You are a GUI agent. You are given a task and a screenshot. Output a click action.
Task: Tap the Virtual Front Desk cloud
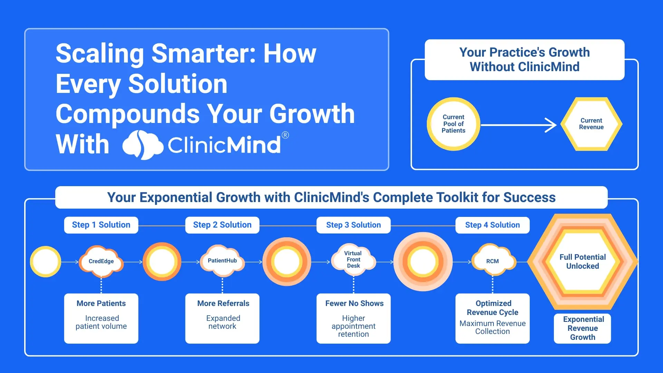[x=354, y=259]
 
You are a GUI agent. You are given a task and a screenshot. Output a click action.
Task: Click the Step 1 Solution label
[x=101, y=225]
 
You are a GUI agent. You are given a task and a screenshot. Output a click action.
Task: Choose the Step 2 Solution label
[x=222, y=225]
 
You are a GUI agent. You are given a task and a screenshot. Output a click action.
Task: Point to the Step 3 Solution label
[x=354, y=225]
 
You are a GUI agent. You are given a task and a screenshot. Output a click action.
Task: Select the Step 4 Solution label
[x=492, y=225]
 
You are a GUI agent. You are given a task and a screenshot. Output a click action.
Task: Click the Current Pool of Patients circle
[x=453, y=124]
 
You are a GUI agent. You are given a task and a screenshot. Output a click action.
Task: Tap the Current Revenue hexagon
[x=591, y=124]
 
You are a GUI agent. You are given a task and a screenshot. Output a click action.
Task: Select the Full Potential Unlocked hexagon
[x=583, y=261]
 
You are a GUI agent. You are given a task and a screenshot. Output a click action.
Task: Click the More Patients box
[x=101, y=318]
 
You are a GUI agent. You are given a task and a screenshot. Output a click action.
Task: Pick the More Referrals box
[x=222, y=318]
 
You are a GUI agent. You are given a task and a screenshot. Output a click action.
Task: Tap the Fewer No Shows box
[x=354, y=318]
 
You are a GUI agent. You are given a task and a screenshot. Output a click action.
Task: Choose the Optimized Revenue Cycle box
[x=492, y=318]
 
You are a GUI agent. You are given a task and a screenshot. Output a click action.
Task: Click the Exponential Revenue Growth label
[x=583, y=328]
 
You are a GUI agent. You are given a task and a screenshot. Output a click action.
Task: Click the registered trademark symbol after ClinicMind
[x=285, y=135]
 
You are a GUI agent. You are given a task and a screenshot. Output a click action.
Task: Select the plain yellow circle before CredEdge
[x=46, y=261]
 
